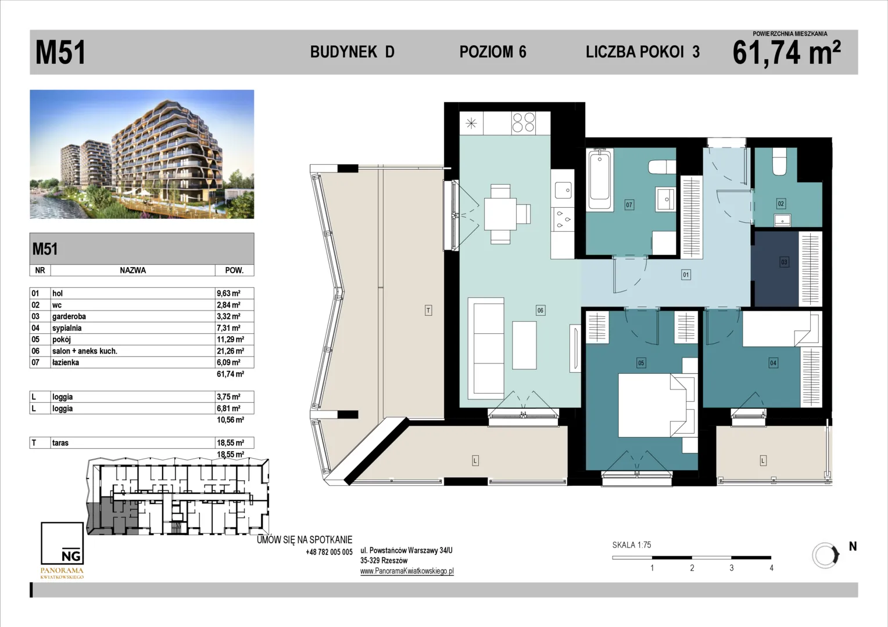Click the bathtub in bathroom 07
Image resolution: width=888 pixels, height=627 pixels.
point(600,179)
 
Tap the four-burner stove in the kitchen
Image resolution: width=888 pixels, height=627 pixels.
point(523,122)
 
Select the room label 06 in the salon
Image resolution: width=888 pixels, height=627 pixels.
point(540,310)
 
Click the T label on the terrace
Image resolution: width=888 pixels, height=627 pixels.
point(428,310)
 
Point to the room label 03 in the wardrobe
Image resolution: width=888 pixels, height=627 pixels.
point(784,262)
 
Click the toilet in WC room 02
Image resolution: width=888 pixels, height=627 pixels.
point(779,163)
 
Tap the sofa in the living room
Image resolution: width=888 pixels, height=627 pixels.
point(486,348)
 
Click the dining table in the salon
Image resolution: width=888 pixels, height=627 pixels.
point(500,214)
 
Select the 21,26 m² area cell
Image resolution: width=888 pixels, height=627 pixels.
point(230,351)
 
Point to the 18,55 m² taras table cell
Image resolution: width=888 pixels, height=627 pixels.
point(230,443)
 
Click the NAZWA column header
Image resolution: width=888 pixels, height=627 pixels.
point(133,271)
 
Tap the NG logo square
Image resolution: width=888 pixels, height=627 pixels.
point(62,543)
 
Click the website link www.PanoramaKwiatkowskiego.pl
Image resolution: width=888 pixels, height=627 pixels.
point(407,571)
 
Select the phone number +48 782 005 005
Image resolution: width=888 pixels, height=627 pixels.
point(329,552)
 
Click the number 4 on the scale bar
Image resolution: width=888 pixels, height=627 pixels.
point(771,568)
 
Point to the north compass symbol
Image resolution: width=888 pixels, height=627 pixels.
point(826,556)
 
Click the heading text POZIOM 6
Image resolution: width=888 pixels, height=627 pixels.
point(493,52)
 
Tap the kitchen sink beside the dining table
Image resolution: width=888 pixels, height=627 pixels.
point(563,190)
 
